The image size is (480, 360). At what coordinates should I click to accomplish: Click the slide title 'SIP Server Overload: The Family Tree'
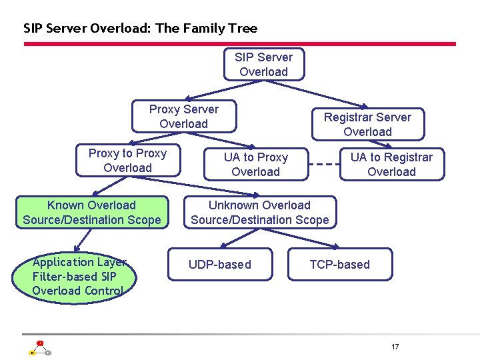pos(140,28)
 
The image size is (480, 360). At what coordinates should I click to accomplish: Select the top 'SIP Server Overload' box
pos(263,65)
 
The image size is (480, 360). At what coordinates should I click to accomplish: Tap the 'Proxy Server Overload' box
pos(183,117)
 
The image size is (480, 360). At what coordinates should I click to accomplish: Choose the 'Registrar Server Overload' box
pos(367,125)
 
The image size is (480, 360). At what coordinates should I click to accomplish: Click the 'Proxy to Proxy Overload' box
pos(127,161)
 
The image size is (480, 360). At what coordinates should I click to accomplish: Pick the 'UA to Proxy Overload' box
pos(256,165)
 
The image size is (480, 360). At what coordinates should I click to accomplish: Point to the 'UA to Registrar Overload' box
pos(391,165)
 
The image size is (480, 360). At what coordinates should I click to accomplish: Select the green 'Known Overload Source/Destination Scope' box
pos(92,213)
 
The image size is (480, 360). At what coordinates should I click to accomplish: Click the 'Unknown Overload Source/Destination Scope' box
pos(259,213)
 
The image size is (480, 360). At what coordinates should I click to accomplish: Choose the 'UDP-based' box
pos(220,265)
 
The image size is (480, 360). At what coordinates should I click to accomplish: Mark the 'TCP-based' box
pos(339,265)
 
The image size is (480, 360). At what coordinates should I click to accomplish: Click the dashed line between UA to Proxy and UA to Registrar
pos(325,165)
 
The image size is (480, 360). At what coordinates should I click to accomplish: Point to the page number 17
pos(395,347)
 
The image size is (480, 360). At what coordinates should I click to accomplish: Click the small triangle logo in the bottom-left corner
pos(39,348)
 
